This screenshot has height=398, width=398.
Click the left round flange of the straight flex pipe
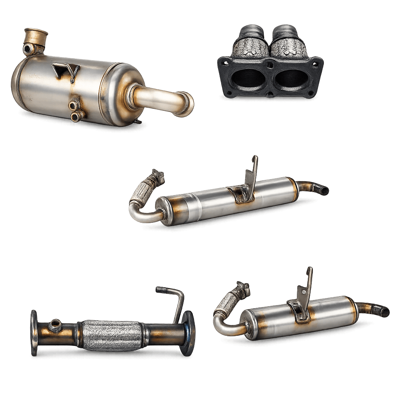[x=34, y=333]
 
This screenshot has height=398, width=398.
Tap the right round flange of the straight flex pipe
[x=188, y=333]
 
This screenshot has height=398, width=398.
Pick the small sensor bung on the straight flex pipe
[x=55, y=323]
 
